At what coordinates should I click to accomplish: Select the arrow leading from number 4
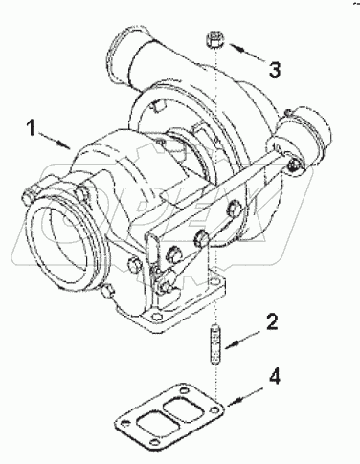coord(246,391)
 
